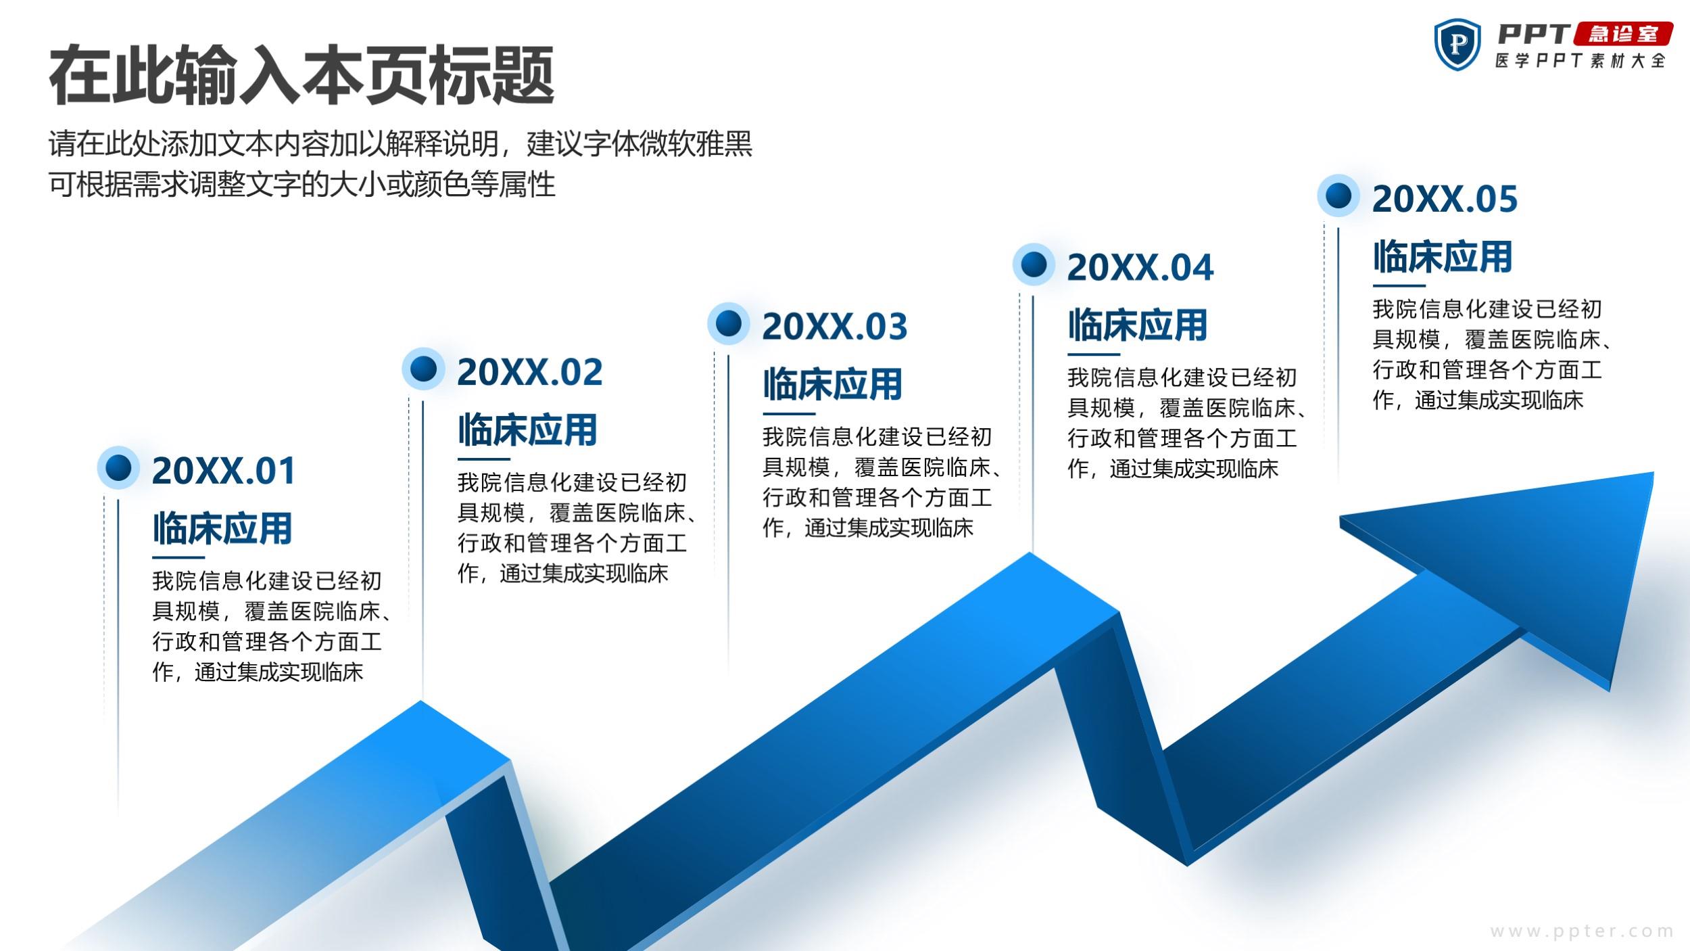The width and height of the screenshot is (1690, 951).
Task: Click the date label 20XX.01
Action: [224, 471]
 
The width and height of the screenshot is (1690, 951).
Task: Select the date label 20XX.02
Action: [529, 372]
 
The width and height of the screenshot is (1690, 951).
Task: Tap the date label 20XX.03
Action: [835, 327]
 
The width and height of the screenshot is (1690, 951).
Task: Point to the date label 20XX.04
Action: [1140, 267]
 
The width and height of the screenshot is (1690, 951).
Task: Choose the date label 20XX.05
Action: [1445, 199]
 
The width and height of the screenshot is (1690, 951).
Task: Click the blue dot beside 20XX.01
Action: [118, 467]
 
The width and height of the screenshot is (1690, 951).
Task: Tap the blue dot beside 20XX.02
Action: [423, 369]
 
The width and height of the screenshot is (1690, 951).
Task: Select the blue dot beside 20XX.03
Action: [728, 323]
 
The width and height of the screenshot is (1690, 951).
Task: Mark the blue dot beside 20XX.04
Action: [1034, 264]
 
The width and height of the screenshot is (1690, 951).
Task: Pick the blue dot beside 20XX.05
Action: [1338, 195]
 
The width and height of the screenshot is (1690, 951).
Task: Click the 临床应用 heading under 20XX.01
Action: [222, 529]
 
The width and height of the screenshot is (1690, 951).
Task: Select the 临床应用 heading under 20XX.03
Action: [833, 385]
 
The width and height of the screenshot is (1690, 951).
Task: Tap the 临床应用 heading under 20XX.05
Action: [1443, 257]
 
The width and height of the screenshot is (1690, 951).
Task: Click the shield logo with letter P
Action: [1458, 44]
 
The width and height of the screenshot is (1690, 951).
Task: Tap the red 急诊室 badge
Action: [1623, 34]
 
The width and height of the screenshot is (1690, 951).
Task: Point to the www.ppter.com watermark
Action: [1582, 931]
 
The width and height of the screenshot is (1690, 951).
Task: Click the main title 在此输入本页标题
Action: [301, 74]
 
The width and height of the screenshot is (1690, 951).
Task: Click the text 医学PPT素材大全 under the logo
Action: [1580, 61]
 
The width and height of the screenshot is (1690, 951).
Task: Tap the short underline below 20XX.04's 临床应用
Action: [1094, 354]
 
